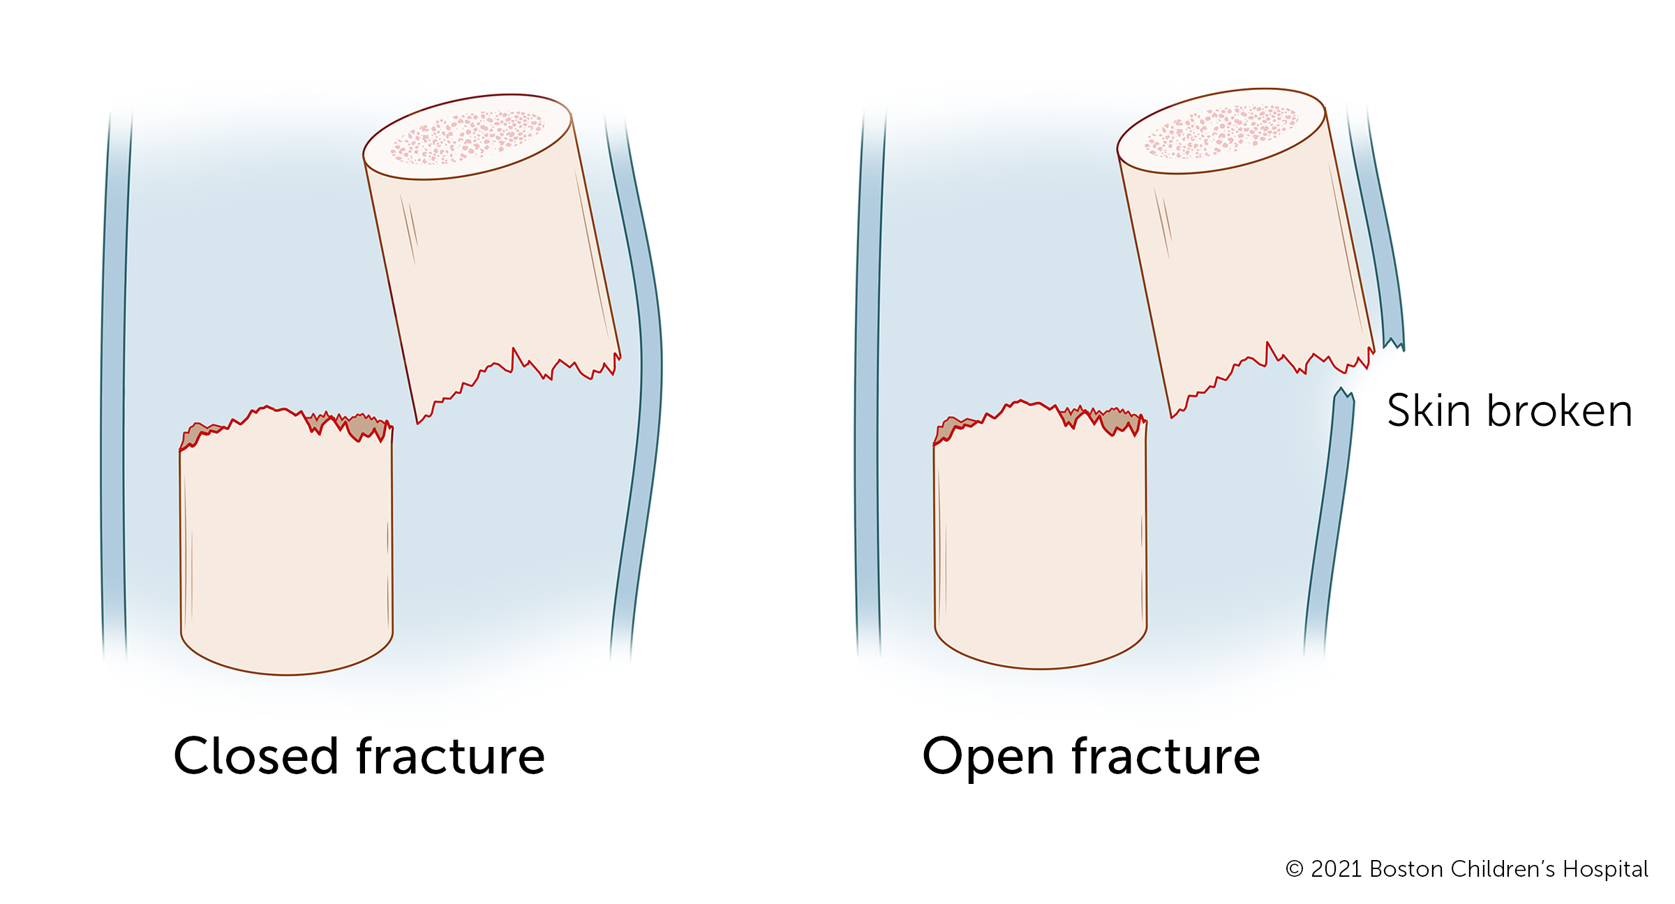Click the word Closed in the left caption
(255, 756)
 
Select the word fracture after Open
(1166, 756)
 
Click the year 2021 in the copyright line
(1336, 869)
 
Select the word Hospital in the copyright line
(1605, 869)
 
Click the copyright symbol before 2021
(1295, 870)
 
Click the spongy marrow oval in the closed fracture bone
(468, 138)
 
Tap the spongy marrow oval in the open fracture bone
(1221, 132)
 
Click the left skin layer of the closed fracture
(114, 384)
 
